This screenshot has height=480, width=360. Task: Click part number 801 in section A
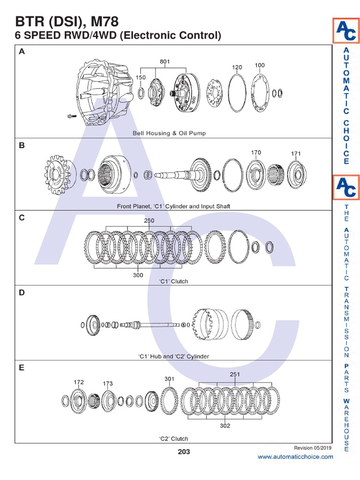click(165, 61)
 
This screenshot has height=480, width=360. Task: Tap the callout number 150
click(141, 77)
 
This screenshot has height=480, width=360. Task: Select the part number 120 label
click(237, 67)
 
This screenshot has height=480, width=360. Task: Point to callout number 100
click(260, 66)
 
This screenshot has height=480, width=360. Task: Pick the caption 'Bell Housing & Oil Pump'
click(169, 133)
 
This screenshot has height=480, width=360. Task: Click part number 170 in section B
click(256, 152)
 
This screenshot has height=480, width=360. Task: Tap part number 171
click(296, 153)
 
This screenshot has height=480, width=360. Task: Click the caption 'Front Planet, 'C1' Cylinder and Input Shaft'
click(173, 206)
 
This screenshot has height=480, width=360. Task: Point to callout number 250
click(149, 220)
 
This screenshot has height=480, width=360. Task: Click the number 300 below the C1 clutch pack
click(138, 275)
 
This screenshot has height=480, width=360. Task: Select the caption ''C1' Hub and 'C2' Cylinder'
click(173, 356)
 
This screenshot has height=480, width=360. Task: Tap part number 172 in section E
click(79, 382)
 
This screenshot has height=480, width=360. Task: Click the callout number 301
click(169, 378)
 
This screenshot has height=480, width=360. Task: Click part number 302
click(225, 426)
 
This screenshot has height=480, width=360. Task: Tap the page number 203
click(184, 452)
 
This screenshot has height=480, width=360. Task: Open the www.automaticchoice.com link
click(295, 457)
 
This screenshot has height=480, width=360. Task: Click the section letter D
click(22, 293)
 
